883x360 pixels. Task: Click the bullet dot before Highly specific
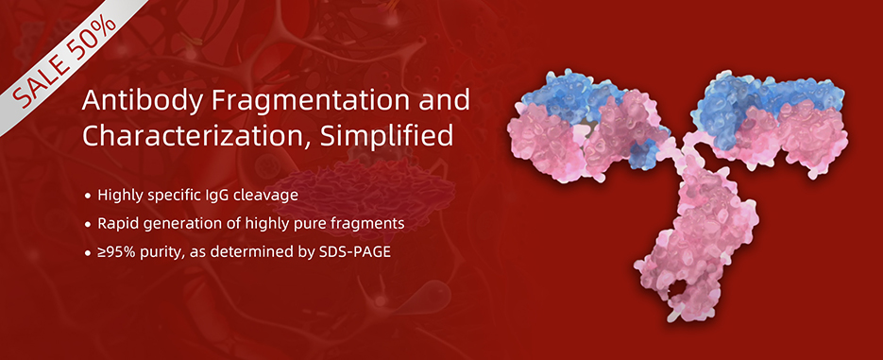pyautogui.click(x=87, y=197)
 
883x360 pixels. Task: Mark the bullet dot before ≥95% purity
pyautogui.click(x=87, y=253)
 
